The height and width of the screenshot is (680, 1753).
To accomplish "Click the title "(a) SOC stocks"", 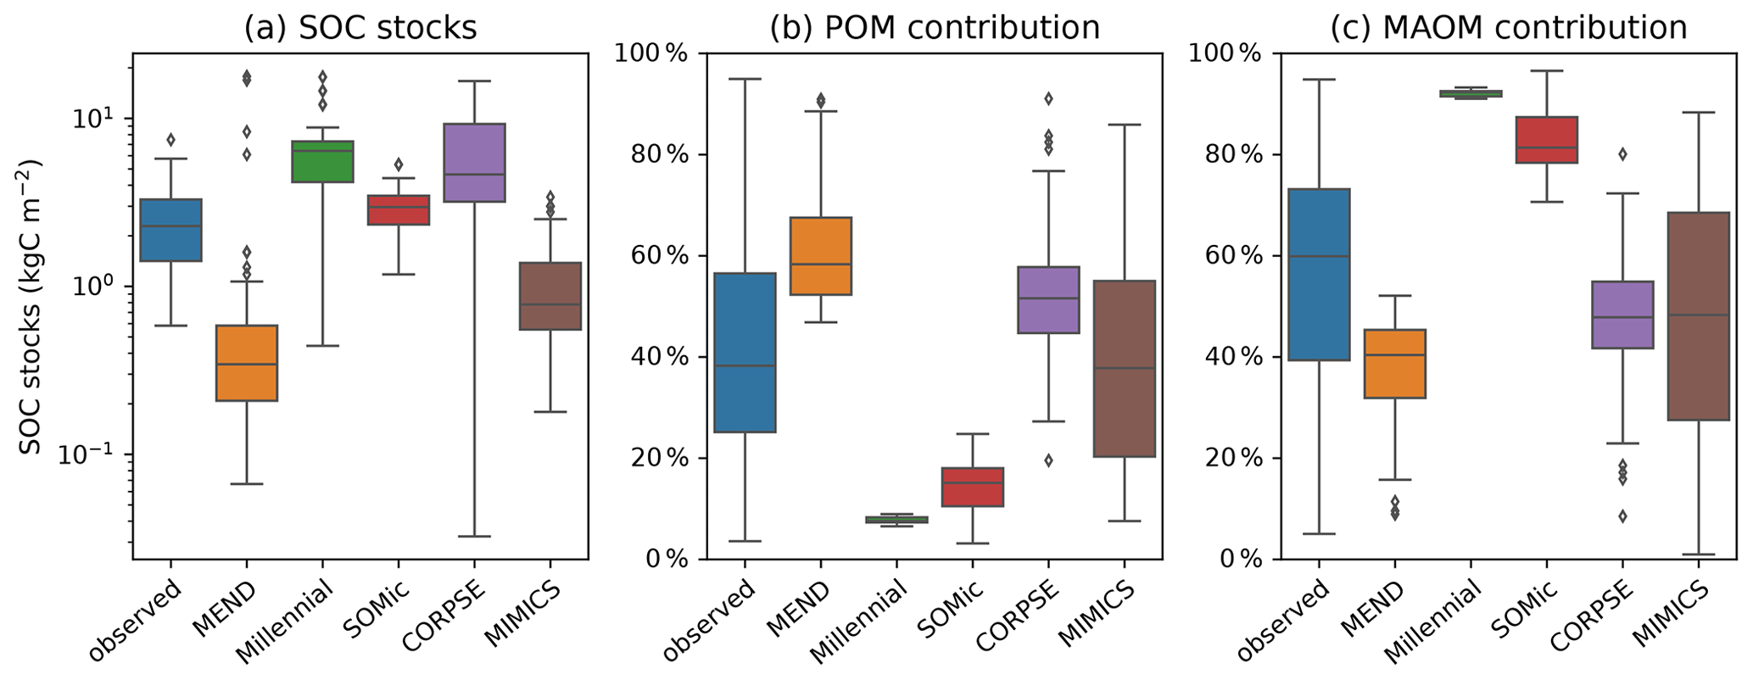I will pos(360,28).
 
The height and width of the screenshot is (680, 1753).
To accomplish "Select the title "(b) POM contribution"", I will pos(934,28).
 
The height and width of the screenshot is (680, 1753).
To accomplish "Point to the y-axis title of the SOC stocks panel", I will pos(31,305).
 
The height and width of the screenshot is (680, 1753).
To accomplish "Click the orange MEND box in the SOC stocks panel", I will pos(246,362).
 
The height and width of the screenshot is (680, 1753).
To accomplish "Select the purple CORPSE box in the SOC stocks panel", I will pos(474,162).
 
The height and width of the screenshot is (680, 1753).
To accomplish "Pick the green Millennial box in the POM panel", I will pos(896,520).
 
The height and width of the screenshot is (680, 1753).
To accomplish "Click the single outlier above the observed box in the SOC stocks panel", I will pos(170,139).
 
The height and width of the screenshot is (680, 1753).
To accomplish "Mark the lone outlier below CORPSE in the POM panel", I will pos(1048,460).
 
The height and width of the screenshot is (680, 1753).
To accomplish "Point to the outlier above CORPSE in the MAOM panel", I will pos(1622,154).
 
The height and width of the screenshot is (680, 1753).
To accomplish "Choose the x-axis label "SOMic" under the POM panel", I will pos(943,614).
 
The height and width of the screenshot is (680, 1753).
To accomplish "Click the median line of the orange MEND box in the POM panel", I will pos(820,264).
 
